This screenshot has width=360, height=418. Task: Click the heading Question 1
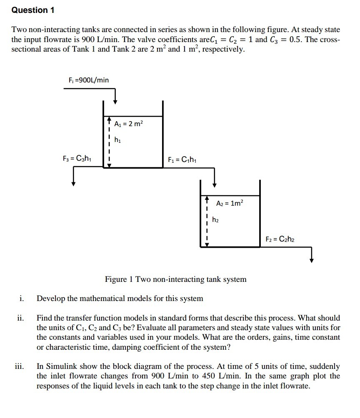click(33, 10)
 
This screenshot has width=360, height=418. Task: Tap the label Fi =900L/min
click(89, 80)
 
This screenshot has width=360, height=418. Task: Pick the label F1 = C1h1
click(182, 159)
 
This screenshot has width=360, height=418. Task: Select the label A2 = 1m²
click(229, 204)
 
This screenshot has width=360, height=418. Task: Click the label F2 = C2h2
click(280, 239)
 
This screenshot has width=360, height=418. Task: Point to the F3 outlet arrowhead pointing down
click(73, 183)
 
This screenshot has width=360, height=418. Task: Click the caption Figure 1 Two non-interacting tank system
click(175, 279)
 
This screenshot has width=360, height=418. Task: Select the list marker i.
click(21, 299)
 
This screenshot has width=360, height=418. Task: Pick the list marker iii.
click(20, 367)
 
